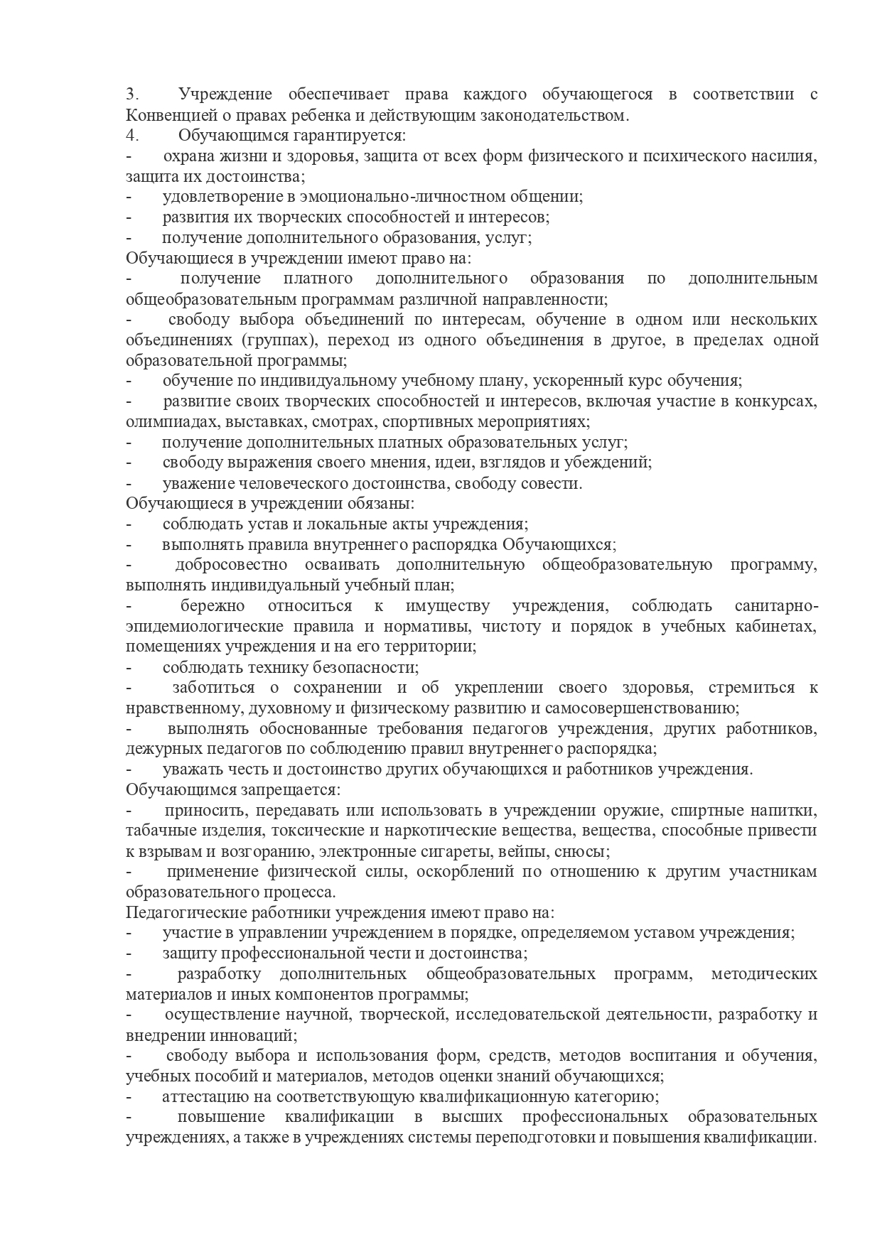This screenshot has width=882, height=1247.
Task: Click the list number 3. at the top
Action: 131,95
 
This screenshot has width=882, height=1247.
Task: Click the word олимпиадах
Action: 172,422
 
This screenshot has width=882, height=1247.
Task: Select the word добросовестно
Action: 231,566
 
